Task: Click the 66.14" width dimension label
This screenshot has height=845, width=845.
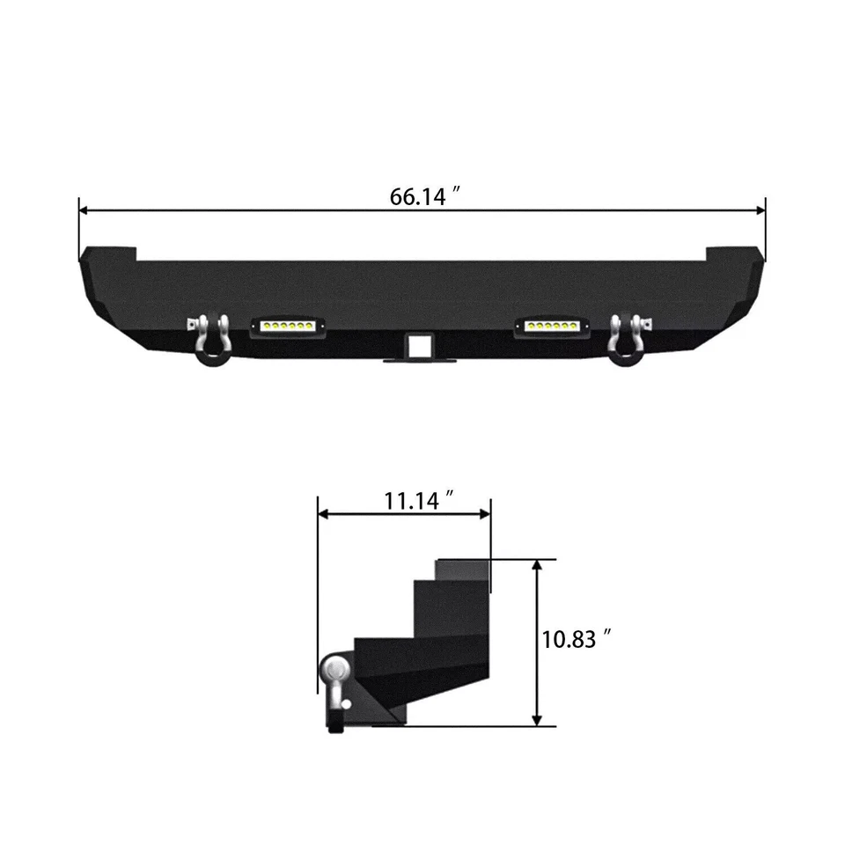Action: click(x=426, y=196)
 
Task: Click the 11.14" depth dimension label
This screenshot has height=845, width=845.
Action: click(x=418, y=501)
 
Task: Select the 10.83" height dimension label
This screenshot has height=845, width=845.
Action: click(x=577, y=639)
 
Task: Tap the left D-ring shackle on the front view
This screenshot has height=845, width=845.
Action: click(x=211, y=339)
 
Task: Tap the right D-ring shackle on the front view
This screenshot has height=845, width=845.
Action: click(x=626, y=339)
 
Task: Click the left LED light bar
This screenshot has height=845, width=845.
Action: click(x=287, y=326)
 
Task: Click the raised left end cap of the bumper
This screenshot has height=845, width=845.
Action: click(x=109, y=254)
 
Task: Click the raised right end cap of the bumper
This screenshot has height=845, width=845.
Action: click(x=732, y=254)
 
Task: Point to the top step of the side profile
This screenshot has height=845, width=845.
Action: click(x=459, y=569)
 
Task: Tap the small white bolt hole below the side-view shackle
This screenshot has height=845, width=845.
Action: click(x=347, y=704)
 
